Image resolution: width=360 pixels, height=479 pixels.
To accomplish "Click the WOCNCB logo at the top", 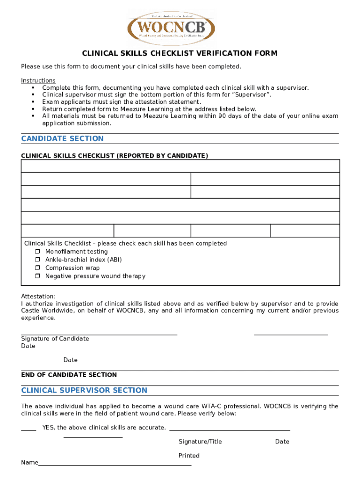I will [171, 29].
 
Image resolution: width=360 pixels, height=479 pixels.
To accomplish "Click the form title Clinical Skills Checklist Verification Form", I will [180, 53].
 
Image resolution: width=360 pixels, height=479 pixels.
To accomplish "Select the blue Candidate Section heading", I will [63, 138].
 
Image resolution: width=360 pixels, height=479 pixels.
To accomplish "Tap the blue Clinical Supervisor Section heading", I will [84, 390].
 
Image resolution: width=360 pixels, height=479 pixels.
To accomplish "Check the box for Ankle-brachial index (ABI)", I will [37, 260].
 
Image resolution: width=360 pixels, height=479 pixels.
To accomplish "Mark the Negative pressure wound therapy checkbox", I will [37, 276].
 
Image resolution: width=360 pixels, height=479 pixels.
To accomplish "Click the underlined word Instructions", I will [38, 80].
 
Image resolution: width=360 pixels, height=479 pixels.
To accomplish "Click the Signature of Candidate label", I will [55, 339].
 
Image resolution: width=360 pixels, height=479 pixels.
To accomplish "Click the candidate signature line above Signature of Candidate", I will [99, 334].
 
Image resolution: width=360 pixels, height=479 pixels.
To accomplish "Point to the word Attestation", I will [38, 296].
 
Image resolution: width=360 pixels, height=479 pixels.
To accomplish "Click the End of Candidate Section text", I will [69, 375].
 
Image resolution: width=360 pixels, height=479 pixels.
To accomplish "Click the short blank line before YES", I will [29, 429].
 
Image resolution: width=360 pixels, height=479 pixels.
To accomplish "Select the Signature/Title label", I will [200, 442].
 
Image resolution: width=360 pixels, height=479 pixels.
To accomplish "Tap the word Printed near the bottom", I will [189, 456].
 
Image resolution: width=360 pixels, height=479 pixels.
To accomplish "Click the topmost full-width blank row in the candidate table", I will [180, 166].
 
